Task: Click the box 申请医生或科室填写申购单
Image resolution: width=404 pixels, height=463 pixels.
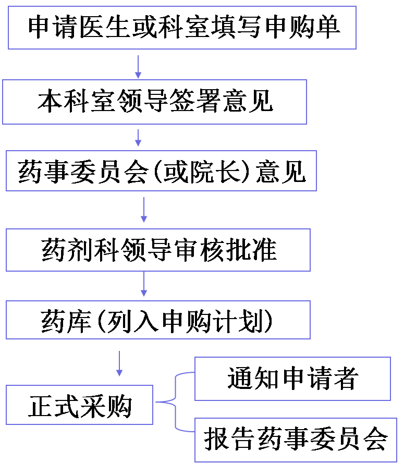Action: pyautogui.click(x=182, y=28)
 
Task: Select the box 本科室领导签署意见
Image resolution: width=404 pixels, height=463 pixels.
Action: pyautogui.click(x=154, y=102)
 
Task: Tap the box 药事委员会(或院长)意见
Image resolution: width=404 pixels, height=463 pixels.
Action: pyautogui.click(x=161, y=171)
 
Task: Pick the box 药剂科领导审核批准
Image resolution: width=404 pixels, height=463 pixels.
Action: pyautogui.click(x=158, y=250)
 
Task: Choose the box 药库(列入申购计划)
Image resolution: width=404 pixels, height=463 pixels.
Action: pyautogui.click(x=158, y=320)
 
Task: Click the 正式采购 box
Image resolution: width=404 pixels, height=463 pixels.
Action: pyautogui.click(x=79, y=405)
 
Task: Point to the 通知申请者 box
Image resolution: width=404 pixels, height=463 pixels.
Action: pyautogui.click(x=292, y=379)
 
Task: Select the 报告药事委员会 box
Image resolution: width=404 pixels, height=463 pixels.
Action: pyautogui.click(x=295, y=440)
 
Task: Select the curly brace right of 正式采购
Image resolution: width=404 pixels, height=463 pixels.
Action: pyautogui.click(x=175, y=402)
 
